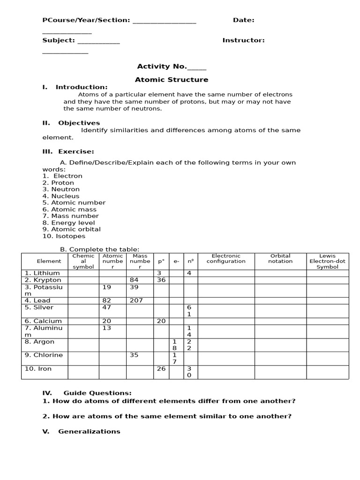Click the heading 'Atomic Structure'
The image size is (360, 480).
coord(172,80)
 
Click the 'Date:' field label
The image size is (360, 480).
coord(244,20)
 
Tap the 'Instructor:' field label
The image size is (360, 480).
coord(243,40)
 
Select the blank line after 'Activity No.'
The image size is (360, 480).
coord(197,67)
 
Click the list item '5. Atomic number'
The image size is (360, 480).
coord(74,202)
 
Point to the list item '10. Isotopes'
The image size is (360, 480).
coord(64,236)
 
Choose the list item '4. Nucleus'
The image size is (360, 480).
coord(61,196)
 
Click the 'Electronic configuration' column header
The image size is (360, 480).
coord(226,259)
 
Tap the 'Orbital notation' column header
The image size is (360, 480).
coord(280,259)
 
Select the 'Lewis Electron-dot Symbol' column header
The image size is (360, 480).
coord(327,261)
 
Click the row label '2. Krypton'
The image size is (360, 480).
coord(43,280)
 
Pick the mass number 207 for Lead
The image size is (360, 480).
coord(136,300)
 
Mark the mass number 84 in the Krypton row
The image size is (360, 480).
coord(134,280)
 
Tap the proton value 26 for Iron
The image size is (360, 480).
coord(161,369)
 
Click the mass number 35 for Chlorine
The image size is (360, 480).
coord(134,355)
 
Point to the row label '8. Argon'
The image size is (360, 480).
coord(39,342)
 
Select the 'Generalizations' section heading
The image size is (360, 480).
coord(89,431)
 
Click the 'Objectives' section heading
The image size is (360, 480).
coord(79,123)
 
